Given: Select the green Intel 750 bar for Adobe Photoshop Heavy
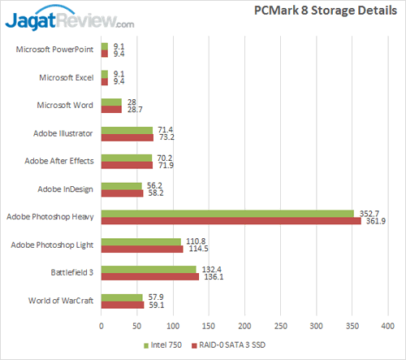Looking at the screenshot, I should pos(227,214).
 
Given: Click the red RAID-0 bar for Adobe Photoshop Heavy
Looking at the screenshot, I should pos(231,221).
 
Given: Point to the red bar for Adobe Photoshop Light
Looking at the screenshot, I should pos(142,249).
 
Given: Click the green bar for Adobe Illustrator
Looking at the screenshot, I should pos(127,130).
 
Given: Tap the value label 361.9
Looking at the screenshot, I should pos(376,221).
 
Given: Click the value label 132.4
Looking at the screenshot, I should pos(211,269).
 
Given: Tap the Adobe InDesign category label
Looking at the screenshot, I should pos(66,189).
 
